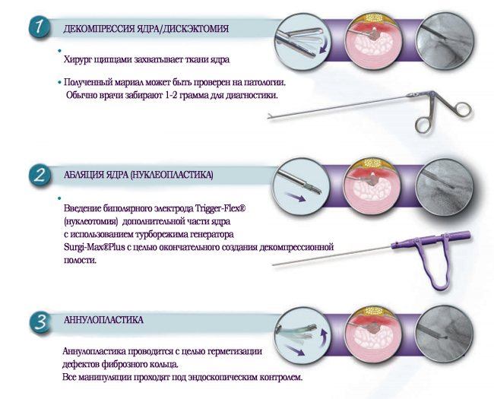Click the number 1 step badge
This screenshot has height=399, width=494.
[x=39, y=27]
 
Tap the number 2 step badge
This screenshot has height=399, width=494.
[x=40, y=176]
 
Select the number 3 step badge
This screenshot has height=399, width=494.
[x=40, y=322]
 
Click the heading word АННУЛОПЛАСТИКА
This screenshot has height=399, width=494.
[x=103, y=320]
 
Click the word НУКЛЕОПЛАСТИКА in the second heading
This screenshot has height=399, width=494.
[x=171, y=175]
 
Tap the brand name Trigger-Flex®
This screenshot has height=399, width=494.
[x=220, y=209]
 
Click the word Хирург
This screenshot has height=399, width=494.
[x=75, y=59]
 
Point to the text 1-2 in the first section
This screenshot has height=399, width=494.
[x=170, y=95]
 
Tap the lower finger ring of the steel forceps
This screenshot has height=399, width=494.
[x=423, y=125]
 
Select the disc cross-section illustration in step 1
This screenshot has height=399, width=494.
[x=374, y=42]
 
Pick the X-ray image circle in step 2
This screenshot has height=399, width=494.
[x=445, y=187]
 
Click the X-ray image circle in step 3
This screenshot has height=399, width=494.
[x=445, y=334]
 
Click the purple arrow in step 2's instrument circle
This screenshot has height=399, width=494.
[x=296, y=197]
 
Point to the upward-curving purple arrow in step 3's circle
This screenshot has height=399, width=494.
[x=324, y=338]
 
